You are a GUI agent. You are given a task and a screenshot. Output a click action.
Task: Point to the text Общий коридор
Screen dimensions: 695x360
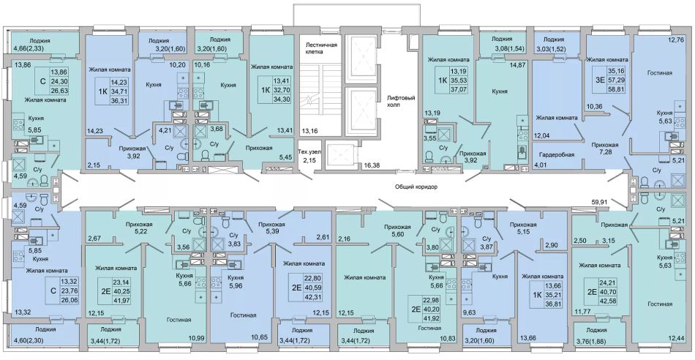(x=416, y=187)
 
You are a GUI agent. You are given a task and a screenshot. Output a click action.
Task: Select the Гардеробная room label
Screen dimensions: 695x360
(x=557, y=154)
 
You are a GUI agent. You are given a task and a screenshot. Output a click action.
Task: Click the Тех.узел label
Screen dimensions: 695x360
(x=309, y=151)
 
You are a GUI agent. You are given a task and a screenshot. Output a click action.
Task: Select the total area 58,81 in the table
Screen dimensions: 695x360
(x=616, y=89)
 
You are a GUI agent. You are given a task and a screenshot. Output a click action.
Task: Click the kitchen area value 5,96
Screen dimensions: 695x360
(x=236, y=285)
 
